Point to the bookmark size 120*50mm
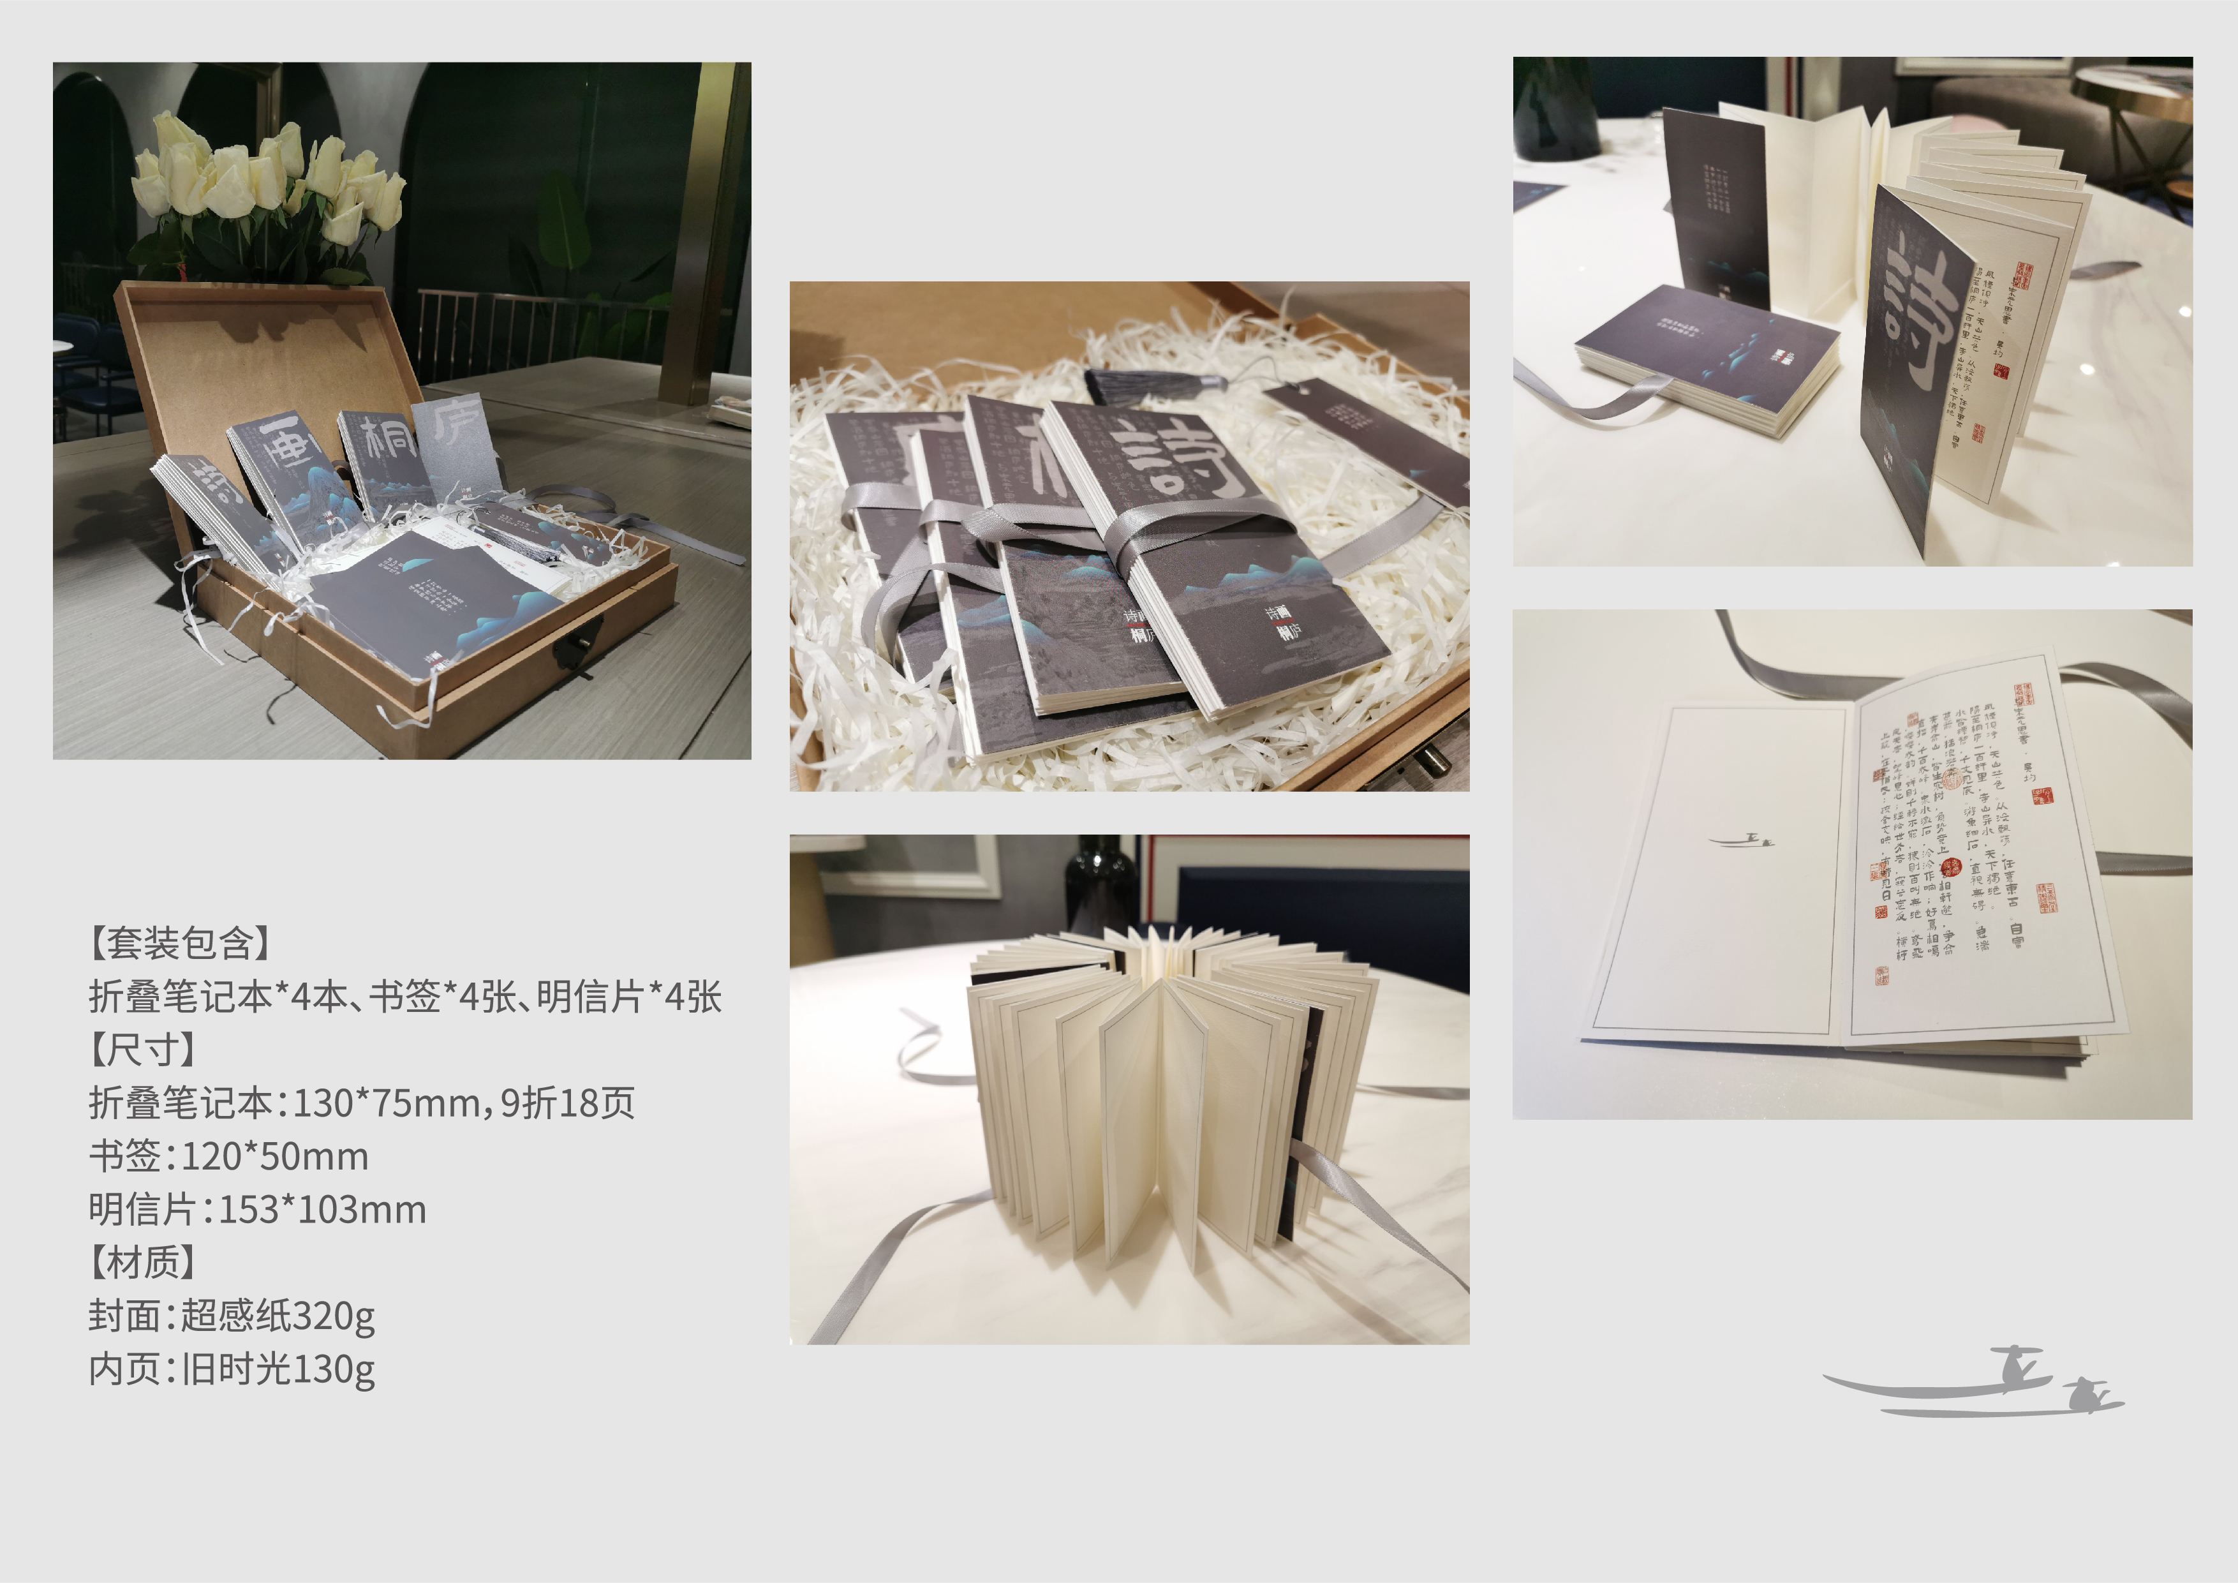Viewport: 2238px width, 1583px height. [275, 1157]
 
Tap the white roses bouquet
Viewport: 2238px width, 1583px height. [268, 181]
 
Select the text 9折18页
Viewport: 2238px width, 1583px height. [567, 1103]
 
